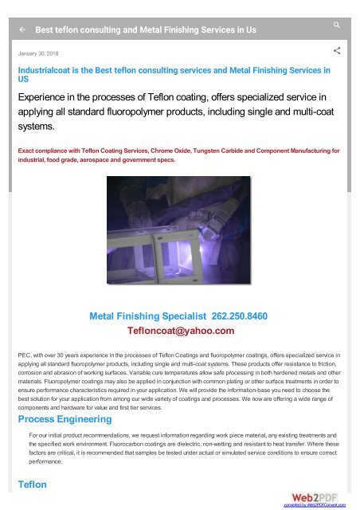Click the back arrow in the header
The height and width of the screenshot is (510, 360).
click(x=22, y=28)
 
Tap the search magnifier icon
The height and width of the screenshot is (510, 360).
click(x=338, y=25)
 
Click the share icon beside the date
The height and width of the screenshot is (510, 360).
click(x=337, y=52)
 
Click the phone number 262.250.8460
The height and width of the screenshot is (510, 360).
click(x=240, y=316)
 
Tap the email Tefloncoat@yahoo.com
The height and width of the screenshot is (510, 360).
click(x=180, y=331)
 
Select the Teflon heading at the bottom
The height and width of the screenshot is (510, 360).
click(x=33, y=484)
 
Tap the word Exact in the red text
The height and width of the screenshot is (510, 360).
click(x=28, y=149)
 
